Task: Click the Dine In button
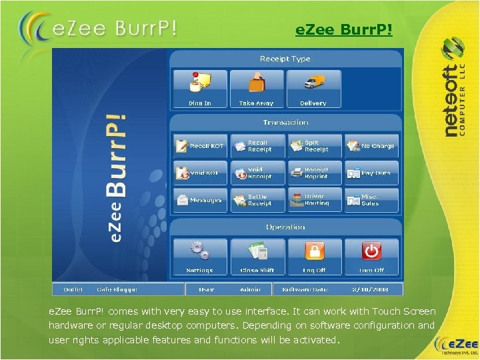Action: pos(199,88)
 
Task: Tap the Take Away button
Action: pos(256,88)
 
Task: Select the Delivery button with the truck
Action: pos(313,88)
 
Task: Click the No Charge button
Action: pos(371,146)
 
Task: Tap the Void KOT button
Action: pos(200,173)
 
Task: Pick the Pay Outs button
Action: pos(371,173)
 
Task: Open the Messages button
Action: pos(200,200)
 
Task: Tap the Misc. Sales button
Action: pos(371,200)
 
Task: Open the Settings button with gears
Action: pos(199,256)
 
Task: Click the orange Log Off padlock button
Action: pos(314,256)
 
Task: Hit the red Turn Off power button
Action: pos(371,256)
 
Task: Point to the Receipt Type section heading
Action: pos(285,59)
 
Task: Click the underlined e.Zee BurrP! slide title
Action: pos(343,31)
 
